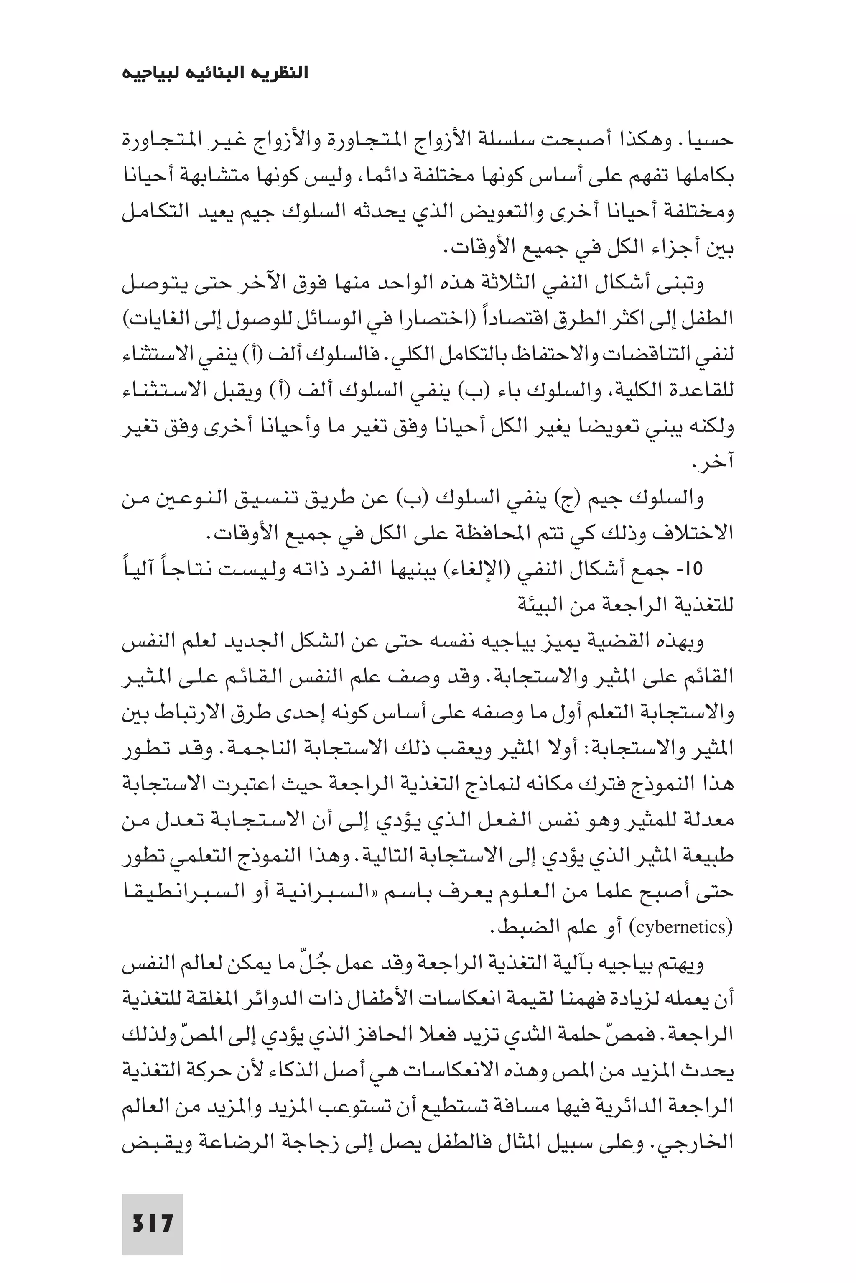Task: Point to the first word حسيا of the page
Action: tap(712, 140)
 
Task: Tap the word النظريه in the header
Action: tap(280, 73)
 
